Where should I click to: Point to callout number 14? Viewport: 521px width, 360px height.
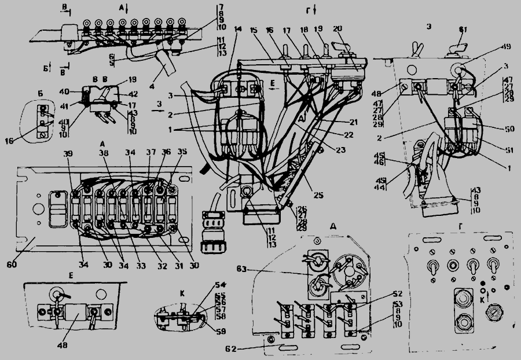coord(239,29)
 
